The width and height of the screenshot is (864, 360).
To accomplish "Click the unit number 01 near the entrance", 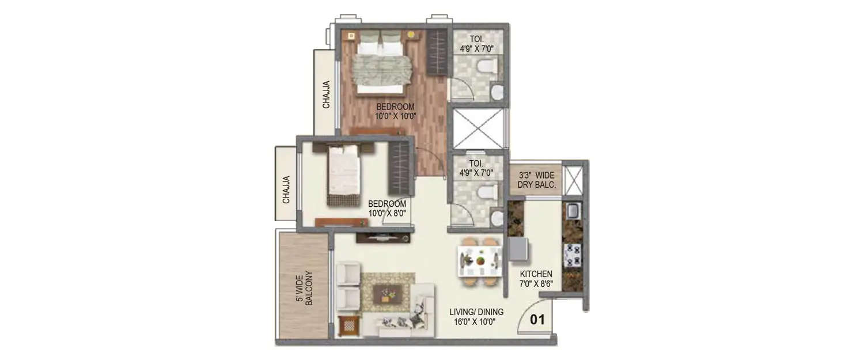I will coord(537,320).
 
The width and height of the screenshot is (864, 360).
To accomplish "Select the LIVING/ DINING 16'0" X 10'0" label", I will coord(476,317).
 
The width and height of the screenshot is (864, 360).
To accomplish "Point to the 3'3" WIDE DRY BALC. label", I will coord(536,180).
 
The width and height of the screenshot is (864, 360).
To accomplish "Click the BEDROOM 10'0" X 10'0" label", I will coord(396,111).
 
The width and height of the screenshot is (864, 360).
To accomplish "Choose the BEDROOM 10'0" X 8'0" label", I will coord(387,208).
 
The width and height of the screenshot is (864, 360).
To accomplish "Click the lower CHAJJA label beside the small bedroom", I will coord(286,190).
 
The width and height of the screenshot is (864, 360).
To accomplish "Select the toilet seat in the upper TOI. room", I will coord(487,67).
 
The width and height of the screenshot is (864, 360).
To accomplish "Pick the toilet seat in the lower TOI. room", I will coord(487,192).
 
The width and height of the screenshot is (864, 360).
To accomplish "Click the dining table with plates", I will coord(479,262).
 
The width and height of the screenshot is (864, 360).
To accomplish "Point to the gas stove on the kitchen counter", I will coord(573,254).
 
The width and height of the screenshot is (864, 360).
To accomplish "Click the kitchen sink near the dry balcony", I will coord(573,211).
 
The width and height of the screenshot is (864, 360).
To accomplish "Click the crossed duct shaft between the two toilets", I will coord(478,129).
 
